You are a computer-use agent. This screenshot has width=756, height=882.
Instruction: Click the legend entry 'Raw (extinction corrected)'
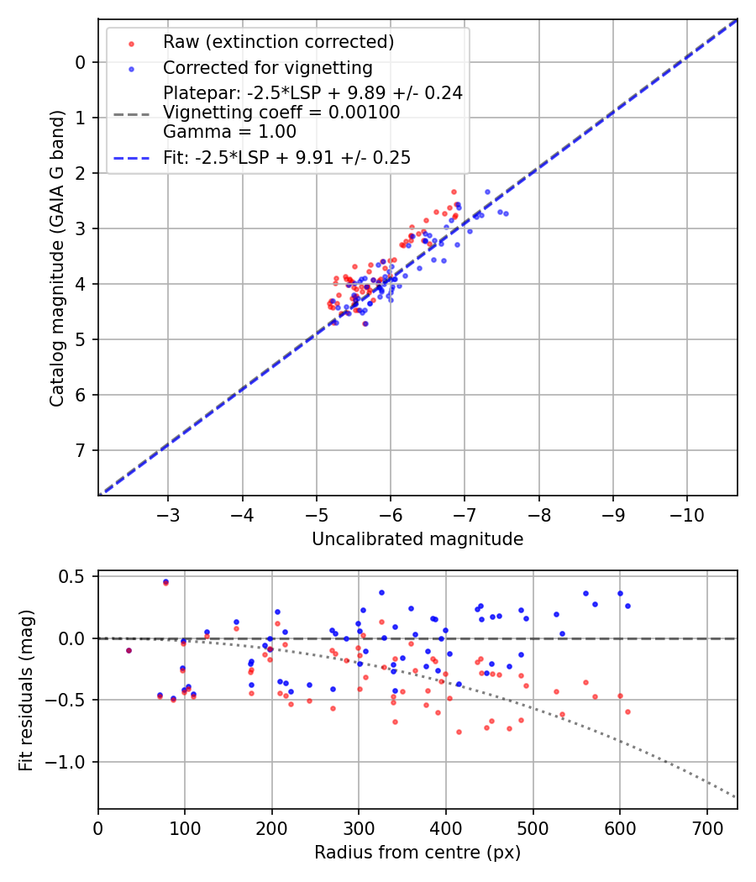(278, 42)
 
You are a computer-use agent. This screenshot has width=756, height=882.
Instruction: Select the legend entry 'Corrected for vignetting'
(267, 68)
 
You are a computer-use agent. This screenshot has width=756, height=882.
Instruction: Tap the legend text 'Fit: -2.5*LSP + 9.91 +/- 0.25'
(286, 157)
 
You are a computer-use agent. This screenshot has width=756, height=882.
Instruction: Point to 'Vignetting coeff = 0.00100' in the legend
(281, 112)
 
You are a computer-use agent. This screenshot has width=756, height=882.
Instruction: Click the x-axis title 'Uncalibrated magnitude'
(417, 539)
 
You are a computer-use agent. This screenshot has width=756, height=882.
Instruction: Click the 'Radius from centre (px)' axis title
(417, 853)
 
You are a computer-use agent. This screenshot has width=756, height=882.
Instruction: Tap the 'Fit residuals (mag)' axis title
(26, 690)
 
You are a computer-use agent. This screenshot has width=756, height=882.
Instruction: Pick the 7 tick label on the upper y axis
(81, 451)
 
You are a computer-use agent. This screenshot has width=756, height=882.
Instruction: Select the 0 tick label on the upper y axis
(81, 62)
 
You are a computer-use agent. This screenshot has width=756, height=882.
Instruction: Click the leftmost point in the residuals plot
(129, 650)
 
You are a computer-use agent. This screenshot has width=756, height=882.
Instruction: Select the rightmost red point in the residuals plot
(627, 711)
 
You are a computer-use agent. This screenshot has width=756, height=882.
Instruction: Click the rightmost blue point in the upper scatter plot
(505, 213)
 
